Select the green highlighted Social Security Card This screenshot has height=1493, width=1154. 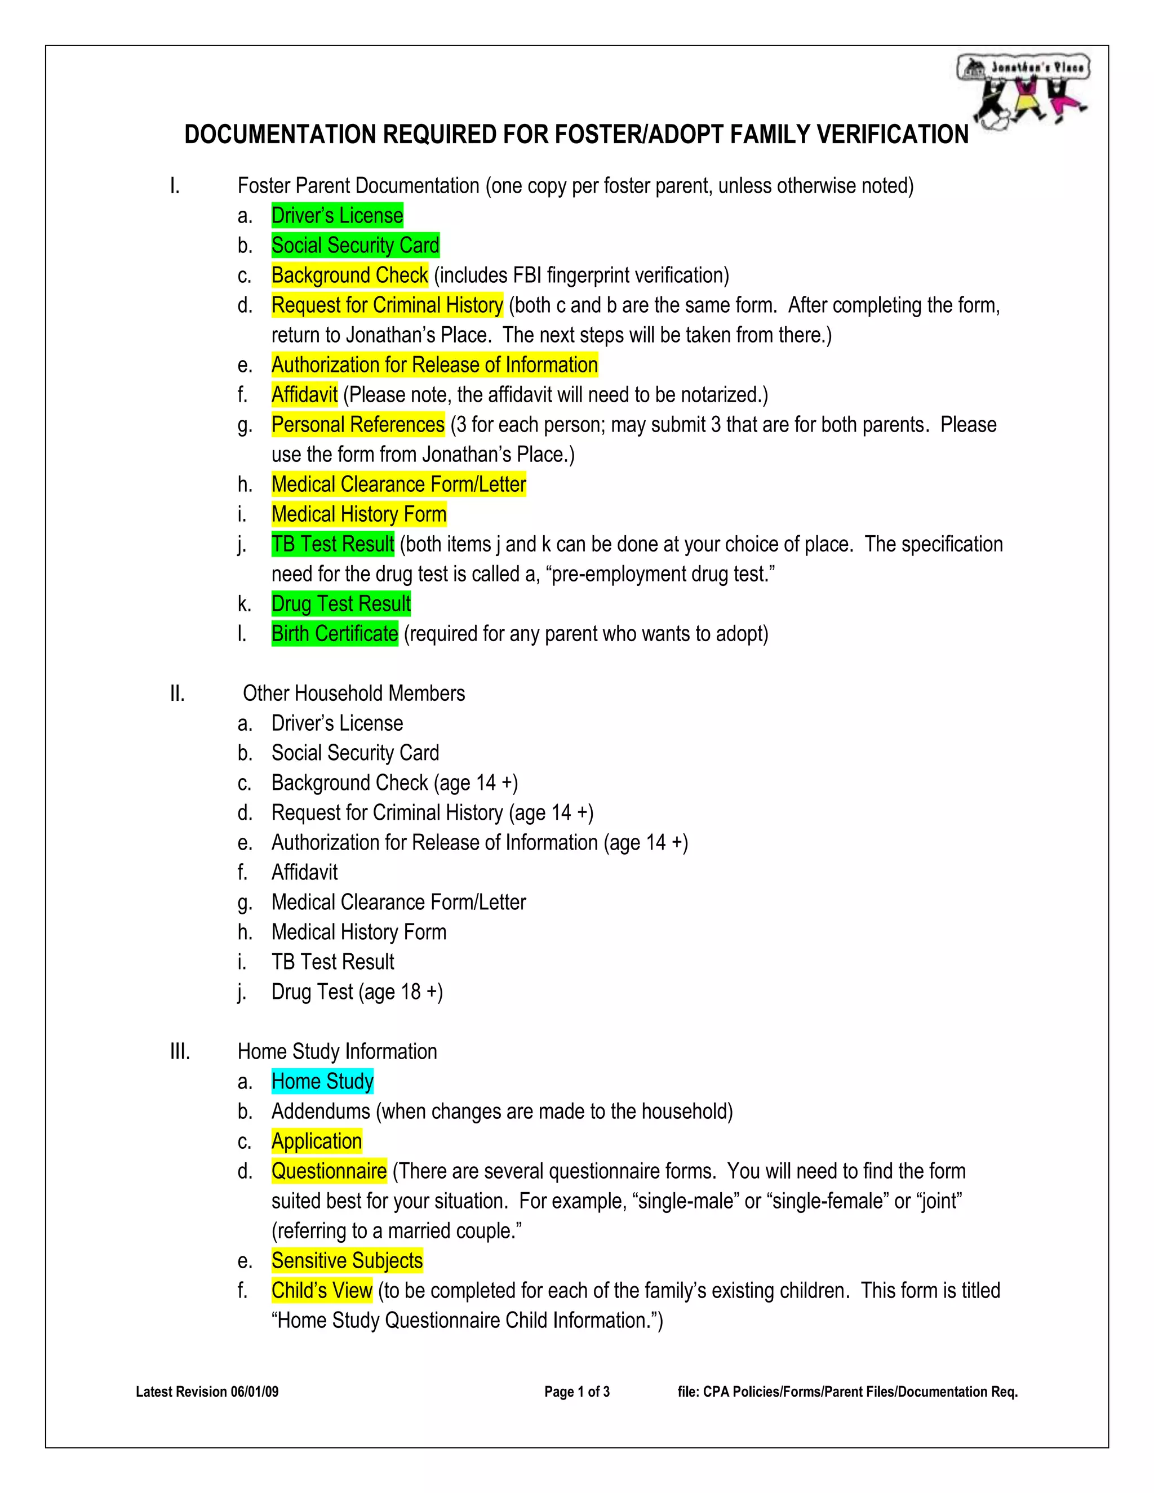355,246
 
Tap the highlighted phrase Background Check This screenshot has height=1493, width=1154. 349,276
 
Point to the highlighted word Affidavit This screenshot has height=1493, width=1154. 304,395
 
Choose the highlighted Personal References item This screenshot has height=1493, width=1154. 358,425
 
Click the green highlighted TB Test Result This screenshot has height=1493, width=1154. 332,545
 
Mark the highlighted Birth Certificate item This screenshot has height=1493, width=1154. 334,634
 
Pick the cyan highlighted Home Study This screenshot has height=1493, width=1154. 322,1082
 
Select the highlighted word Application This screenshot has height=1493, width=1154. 317,1141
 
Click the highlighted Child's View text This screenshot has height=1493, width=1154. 321,1291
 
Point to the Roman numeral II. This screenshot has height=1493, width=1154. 177,694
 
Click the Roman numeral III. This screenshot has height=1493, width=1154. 180,1052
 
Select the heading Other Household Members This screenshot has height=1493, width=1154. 353,694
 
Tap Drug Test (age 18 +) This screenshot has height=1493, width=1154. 357,993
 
